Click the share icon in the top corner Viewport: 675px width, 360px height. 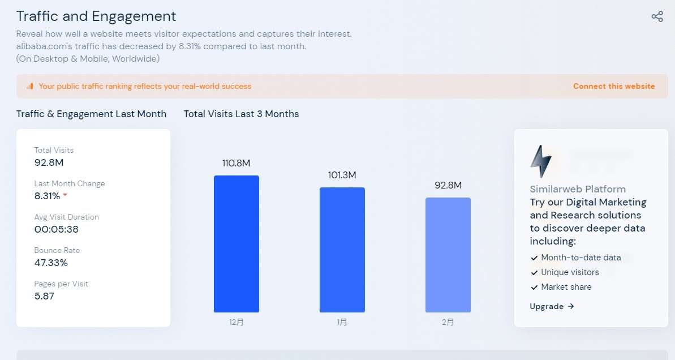[x=657, y=16]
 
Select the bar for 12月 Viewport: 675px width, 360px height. [x=236, y=244]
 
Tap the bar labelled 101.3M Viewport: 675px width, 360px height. [x=342, y=250]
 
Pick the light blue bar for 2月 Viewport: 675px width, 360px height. [x=448, y=255]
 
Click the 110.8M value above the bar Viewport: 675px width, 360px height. [x=236, y=163]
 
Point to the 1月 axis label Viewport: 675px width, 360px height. [x=342, y=322]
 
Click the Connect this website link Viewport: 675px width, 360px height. [x=613, y=87]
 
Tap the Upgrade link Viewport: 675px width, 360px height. [x=552, y=306]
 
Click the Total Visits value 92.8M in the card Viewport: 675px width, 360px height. [x=49, y=163]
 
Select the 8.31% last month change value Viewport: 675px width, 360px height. [x=47, y=196]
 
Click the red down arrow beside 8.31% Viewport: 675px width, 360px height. [x=65, y=195]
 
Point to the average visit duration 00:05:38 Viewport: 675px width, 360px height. [x=56, y=229]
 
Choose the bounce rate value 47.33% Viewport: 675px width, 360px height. [x=51, y=263]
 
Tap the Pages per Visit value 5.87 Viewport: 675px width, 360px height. [x=44, y=296]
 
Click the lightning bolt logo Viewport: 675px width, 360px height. [x=540, y=161]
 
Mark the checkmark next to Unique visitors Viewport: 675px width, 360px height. [x=534, y=273]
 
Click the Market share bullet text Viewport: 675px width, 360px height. [x=566, y=287]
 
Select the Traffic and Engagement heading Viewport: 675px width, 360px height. [x=96, y=16]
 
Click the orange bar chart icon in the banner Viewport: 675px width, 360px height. [x=30, y=87]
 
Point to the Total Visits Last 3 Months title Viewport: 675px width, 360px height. [x=241, y=114]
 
